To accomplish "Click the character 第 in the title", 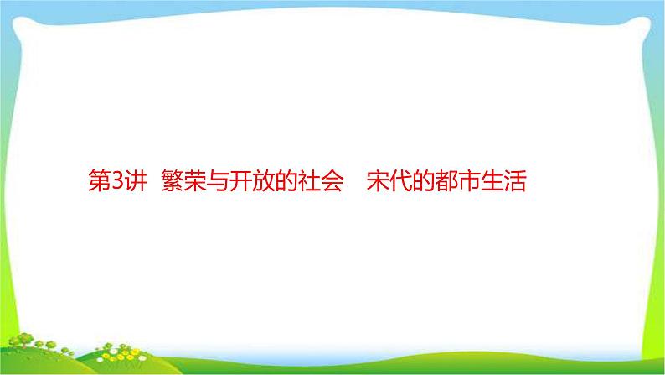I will tap(99, 180).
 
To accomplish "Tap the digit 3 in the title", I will tap(116, 180).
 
